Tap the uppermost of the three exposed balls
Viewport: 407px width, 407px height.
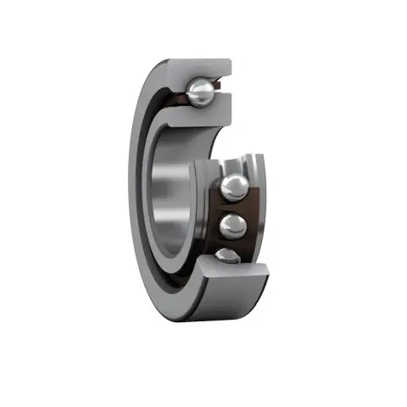(x=235, y=187)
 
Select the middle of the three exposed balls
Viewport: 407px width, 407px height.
(x=232, y=226)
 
